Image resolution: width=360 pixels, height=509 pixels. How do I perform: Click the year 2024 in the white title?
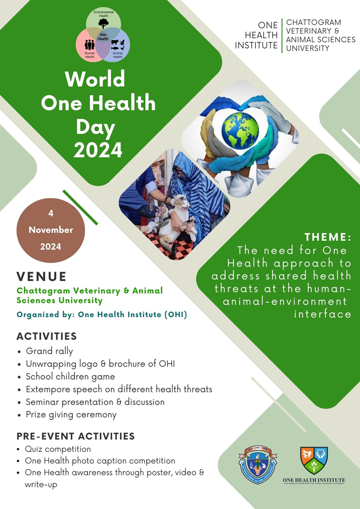click(x=98, y=150)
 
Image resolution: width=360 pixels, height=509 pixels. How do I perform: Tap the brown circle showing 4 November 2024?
click(x=51, y=230)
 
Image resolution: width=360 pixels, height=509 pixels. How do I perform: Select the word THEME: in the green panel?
click(x=328, y=237)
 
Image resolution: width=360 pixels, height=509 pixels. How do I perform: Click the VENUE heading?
click(x=42, y=276)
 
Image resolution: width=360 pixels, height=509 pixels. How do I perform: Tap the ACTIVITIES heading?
click(x=47, y=336)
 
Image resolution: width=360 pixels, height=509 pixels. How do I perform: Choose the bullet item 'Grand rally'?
click(x=49, y=351)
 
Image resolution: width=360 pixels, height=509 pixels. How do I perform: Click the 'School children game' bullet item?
click(x=70, y=377)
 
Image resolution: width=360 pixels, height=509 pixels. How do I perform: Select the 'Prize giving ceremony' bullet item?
click(x=71, y=415)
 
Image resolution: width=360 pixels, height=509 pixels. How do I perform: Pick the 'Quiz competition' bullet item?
click(x=58, y=449)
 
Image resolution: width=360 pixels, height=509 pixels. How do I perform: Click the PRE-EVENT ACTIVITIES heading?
click(x=76, y=436)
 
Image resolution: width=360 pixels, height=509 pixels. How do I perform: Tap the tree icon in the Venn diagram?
click(x=104, y=23)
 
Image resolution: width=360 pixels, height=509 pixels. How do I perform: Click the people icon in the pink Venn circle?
click(x=90, y=45)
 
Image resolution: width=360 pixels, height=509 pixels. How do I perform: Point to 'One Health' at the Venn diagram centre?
click(x=103, y=37)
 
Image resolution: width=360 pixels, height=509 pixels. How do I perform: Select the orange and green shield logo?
click(x=314, y=460)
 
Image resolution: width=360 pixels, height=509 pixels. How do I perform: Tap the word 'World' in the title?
click(x=95, y=79)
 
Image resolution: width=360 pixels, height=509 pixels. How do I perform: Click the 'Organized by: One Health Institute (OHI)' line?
click(x=102, y=315)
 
